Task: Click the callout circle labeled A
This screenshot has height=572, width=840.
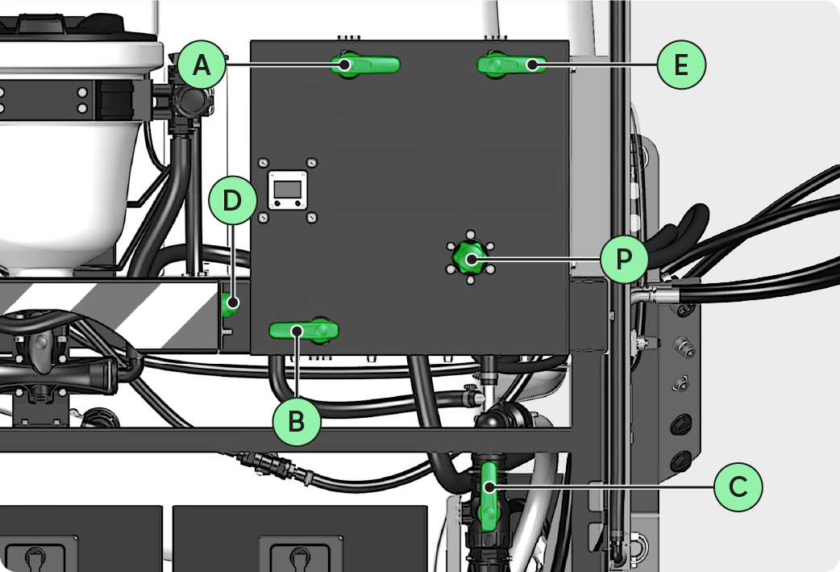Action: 202,64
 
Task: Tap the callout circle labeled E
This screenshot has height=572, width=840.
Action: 681,64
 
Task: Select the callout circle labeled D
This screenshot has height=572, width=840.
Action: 232,202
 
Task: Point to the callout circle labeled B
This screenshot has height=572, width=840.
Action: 297,421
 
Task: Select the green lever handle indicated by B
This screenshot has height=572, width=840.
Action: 303,330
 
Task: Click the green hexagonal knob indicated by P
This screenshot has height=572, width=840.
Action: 470,259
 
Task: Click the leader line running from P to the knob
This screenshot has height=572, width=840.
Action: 540,259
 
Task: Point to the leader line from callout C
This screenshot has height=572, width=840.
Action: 605,486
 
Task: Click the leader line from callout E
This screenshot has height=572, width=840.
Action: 597,64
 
